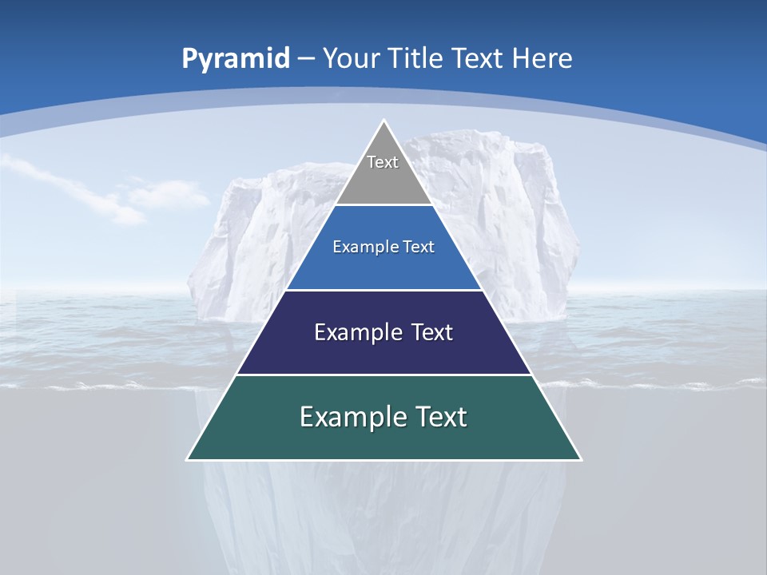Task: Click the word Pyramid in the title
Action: tap(236, 59)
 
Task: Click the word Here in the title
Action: tap(542, 59)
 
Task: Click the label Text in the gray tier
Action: tap(383, 162)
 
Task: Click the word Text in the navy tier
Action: tap(432, 332)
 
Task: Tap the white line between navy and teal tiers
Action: tap(383, 375)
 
